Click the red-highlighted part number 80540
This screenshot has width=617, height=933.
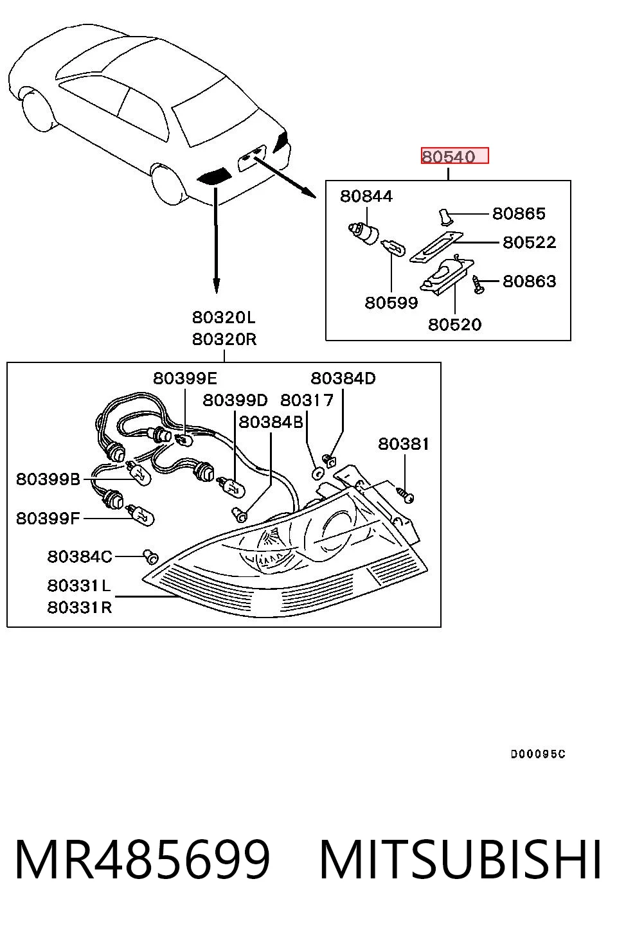point(449,157)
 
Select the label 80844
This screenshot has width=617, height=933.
point(366,196)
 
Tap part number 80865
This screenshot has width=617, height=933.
point(519,214)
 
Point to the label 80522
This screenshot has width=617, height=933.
point(529,242)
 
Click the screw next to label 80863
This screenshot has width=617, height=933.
point(478,285)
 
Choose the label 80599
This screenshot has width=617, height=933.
point(391,303)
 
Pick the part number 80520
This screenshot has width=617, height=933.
point(454,324)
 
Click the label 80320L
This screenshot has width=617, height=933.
point(224,317)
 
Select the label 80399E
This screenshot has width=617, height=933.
point(185,378)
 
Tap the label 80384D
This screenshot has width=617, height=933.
point(343,378)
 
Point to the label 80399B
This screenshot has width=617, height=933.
point(48,479)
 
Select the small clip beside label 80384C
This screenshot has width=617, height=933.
point(151,556)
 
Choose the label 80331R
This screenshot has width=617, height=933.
point(80,607)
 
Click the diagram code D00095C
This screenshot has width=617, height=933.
point(538,754)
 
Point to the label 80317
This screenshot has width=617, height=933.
point(307,400)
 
